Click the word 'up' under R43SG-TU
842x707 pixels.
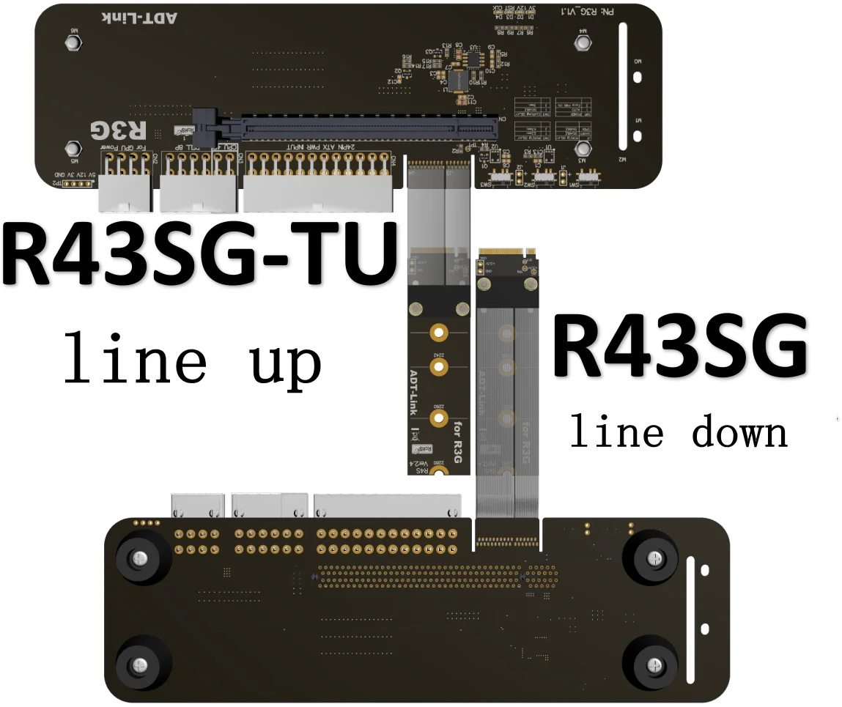286,360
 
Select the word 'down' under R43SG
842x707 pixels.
740,432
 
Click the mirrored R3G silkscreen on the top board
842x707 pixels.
118,131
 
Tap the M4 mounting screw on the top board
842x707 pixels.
583,43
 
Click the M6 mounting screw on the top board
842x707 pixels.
73,43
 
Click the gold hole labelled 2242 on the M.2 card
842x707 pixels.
438,333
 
